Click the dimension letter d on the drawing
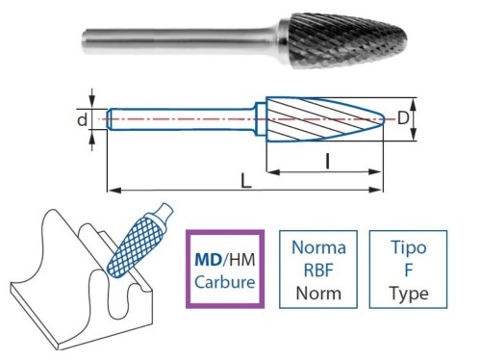tap(83, 120)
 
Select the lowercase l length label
tap(329, 163)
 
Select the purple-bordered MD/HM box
tap(224, 270)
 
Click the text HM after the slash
tap(242, 260)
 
